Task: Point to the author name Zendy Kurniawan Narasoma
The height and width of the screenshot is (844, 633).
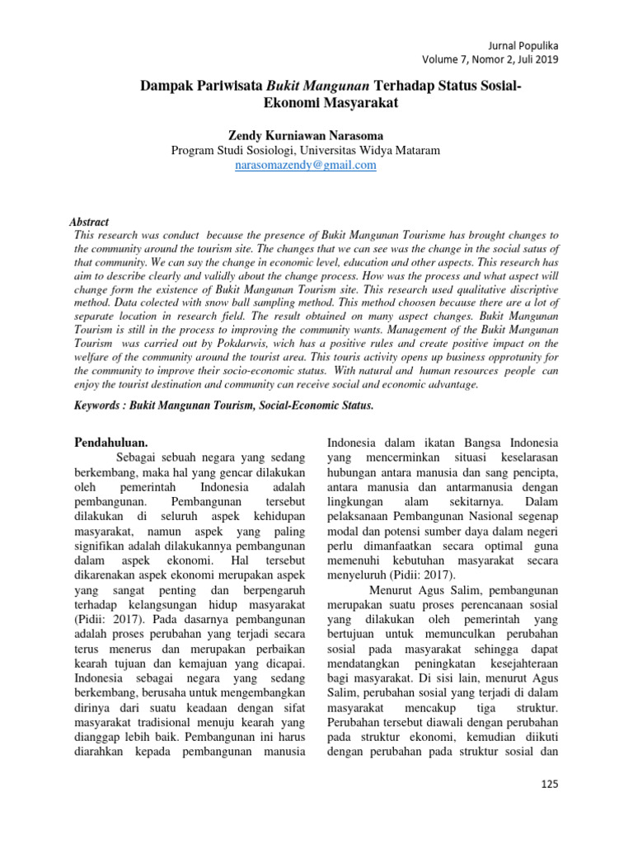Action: [305, 135]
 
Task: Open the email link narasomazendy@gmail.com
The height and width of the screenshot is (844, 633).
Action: [305, 165]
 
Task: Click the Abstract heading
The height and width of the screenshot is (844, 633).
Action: [88, 222]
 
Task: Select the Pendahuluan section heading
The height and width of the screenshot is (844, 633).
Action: [111, 443]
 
